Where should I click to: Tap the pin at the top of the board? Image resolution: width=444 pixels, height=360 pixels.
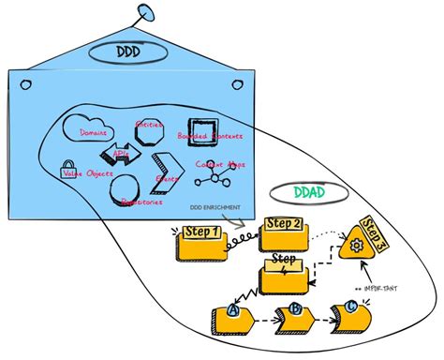pos(145,12)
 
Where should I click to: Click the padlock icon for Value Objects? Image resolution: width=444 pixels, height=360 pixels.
pos(67,172)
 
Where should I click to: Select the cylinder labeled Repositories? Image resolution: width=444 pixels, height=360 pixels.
pos(126,191)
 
